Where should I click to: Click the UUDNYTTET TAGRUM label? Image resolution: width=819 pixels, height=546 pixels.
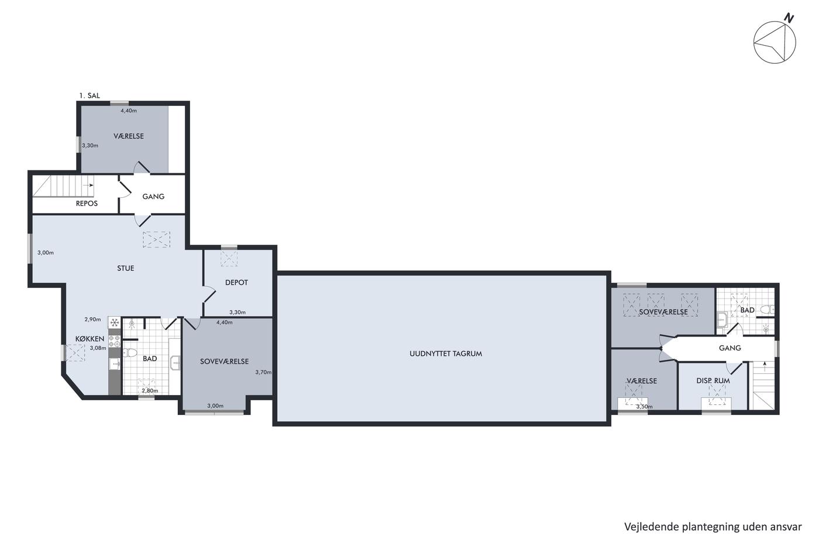pyautogui.click(x=446, y=353)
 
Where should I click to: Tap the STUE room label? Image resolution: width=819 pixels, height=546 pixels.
pyautogui.click(x=125, y=268)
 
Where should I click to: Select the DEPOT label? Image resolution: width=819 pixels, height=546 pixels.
pyautogui.click(x=236, y=282)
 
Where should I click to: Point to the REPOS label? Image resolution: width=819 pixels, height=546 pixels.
pyautogui.click(x=87, y=203)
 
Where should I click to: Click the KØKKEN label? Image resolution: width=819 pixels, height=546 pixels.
pyautogui.click(x=90, y=339)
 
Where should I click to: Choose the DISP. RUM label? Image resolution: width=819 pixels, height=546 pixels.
pyautogui.click(x=713, y=381)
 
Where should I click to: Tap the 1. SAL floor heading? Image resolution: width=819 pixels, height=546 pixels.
pyautogui.click(x=90, y=95)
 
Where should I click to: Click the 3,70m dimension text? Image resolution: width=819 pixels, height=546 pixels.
pyautogui.click(x=263, y=372)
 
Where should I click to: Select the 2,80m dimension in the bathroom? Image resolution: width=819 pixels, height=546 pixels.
pyautogui.click(x=150, y=390)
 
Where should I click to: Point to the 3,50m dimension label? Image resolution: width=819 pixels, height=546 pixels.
pyautogui.click(x=644, y=407)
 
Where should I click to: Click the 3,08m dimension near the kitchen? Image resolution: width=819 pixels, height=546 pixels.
pyautogui.click(x=98, y=348)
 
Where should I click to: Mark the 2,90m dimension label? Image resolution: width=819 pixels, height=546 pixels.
pyautogui.click(x=92, y=320)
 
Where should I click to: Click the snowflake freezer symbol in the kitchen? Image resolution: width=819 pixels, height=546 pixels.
pyautogui.click(x=115, y=322)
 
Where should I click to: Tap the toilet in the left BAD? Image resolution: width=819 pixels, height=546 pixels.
pyautogui.click(x=129, y=352)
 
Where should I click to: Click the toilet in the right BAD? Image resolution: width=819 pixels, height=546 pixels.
pyautogui.click(x=767, y=310)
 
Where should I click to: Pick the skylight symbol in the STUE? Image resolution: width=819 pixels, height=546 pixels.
pyautogui.click(x=156, y=239)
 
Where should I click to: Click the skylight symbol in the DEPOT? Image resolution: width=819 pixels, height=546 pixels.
pyautogui.click(x=229, y=259)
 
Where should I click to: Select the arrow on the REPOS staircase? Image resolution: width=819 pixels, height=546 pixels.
pyautogui.click(x=88, y=186)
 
